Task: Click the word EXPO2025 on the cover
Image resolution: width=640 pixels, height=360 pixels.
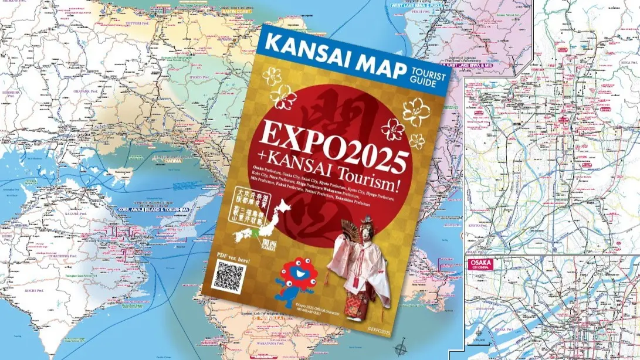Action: [334, 144]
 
